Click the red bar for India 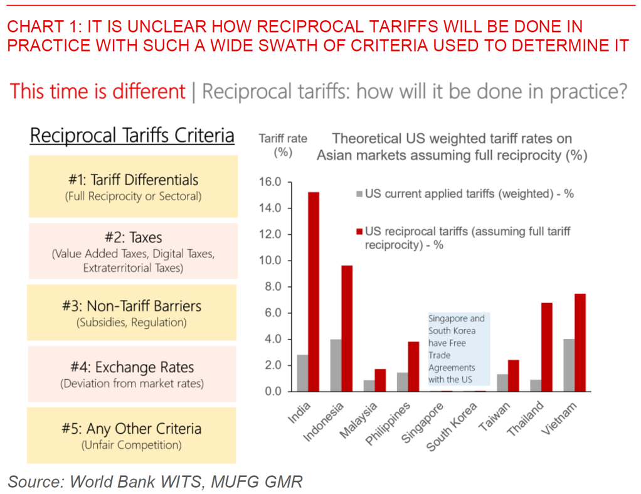coord(313,292)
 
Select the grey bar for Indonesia coord(336,365)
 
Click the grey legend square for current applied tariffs coord(359,194)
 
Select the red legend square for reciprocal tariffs coord(359,232)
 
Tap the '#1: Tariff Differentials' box coord(133,186)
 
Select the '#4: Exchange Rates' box coord(132,373)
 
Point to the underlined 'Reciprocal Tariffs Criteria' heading coord(132,136)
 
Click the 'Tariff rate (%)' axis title coord(283,145)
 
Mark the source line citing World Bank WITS coord(155,481)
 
